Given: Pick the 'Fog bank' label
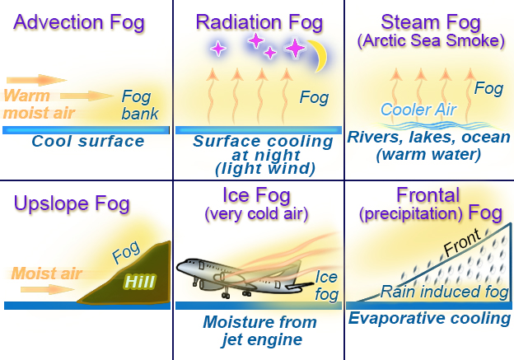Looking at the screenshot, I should (140, 105).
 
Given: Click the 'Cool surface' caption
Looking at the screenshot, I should (88, 142).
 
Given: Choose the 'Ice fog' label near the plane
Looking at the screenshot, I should (326, 284).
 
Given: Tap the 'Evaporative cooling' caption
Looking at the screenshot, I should (429, 319).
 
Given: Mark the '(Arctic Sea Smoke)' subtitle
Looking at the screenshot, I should (429, 41).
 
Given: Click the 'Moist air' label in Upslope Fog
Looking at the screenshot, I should (47, 273).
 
